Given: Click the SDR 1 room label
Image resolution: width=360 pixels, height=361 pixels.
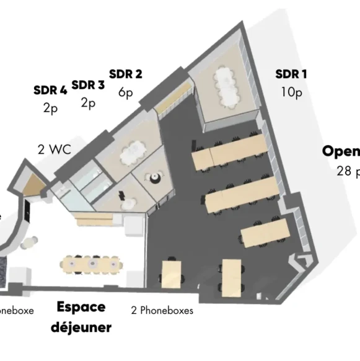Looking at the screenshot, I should [x=291, y=74].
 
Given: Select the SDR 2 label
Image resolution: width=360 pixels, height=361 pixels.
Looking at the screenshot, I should [x=126, y=74].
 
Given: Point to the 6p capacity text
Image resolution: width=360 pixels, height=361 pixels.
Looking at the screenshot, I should [x=125, y=92].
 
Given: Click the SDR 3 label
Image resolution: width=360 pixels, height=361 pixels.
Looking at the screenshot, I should [x=88, y=84].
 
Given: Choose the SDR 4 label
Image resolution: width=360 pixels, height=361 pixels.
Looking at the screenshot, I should [x=50, y=90].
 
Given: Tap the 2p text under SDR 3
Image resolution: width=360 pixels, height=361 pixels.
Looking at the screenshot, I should [x=88, y=102].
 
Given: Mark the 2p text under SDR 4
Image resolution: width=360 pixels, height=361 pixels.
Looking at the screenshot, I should [x=50, y=107].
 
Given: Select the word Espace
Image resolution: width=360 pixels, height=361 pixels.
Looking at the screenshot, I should [x=81, y=307].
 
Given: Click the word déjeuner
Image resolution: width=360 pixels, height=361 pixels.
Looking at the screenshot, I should [x=81, y=327].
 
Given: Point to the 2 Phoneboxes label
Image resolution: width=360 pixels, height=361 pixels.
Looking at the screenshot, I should [x=162, y=310].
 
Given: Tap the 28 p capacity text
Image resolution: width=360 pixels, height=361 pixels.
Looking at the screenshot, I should [x=348, y=171].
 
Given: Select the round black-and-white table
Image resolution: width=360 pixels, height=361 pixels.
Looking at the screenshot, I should [x=155, y=178].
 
